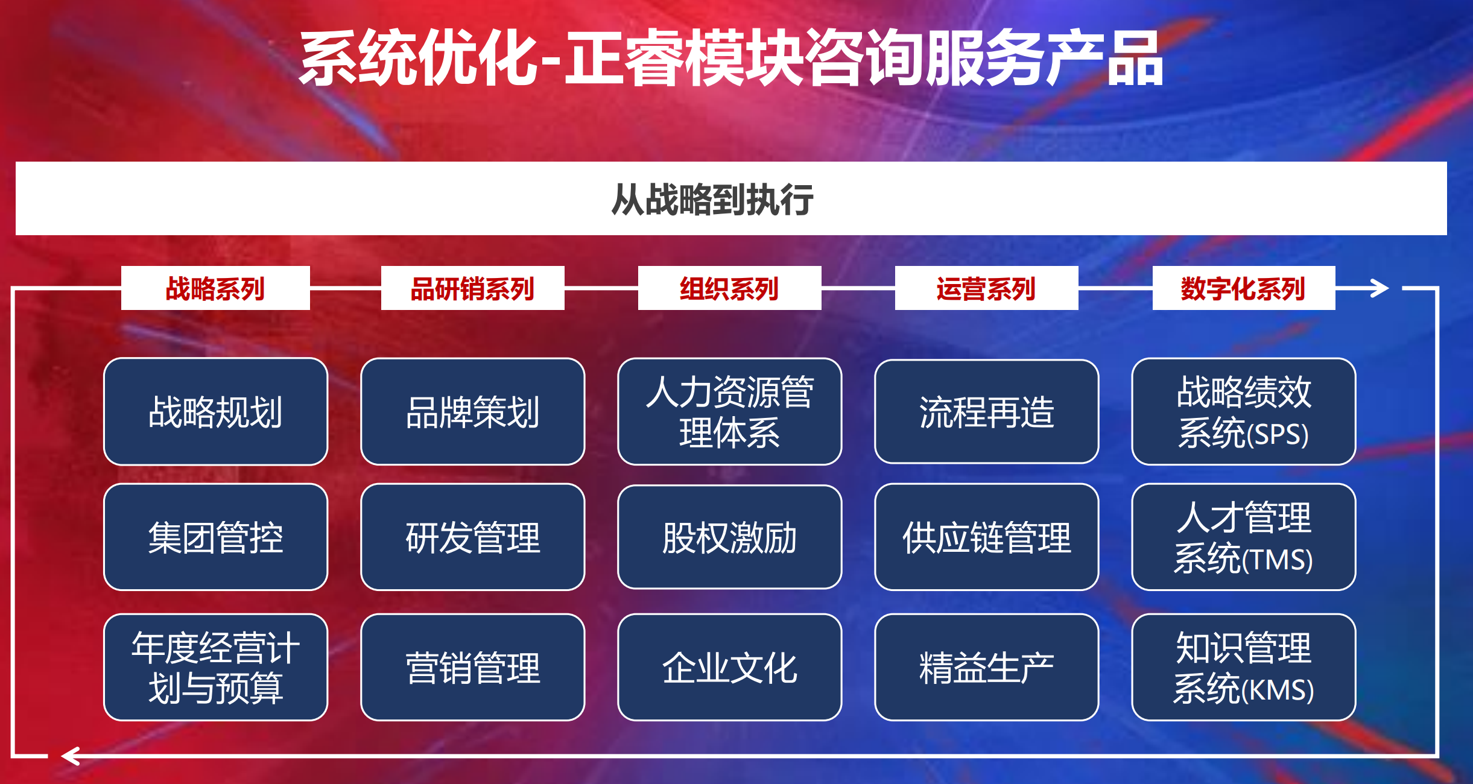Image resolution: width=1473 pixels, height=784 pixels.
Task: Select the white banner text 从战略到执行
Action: [x=712, y=199]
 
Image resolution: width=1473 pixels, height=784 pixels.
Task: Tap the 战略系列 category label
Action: [x=215, y=288]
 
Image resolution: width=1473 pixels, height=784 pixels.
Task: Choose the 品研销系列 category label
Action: [x=472, y=288]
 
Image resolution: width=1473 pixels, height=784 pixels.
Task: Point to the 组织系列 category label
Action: [x=729, y=288]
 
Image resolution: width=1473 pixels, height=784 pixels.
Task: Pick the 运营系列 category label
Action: [x=986, y=288]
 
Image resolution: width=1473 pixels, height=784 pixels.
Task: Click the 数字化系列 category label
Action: [x=1244, y=288]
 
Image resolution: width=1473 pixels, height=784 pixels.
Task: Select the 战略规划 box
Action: [x=216, y=412]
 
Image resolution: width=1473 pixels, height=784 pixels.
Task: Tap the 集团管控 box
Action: [x=216, y=537]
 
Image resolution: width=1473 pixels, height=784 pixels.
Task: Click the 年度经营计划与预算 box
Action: [x=216, y=668]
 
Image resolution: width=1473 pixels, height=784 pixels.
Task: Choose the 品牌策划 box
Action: [x=473, y=412]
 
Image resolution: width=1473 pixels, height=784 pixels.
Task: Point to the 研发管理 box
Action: [x=473, y=537]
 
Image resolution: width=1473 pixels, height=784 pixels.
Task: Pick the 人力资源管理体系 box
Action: [x=730, y=412]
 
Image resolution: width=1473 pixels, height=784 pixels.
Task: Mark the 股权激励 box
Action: [x=730, y=537]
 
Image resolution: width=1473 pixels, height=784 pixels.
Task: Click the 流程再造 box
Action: [x=987, y=412]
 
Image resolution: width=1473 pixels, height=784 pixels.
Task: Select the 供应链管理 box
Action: [x=987, y=537]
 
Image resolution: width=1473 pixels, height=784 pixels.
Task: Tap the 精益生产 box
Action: [x=987, y=668]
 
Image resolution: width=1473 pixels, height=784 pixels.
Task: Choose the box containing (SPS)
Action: [x=1244, y=412]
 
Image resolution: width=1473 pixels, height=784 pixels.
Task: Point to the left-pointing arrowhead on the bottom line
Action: [x=71, y=756]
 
